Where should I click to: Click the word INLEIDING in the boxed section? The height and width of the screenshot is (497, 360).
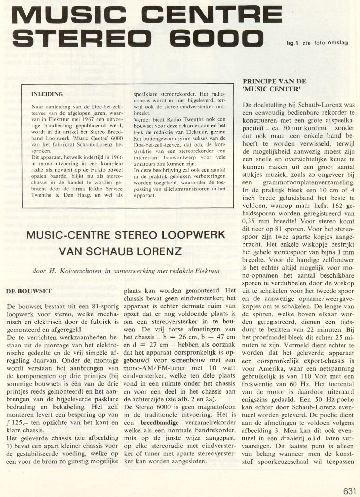tap(47, 94)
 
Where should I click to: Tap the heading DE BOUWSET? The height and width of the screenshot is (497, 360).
tap(29, 291)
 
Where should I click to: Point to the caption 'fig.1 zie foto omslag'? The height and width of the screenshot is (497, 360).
tap(317, 43)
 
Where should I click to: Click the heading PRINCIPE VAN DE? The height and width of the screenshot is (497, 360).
tap(275, 81)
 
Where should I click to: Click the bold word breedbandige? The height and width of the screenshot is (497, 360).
tap(160, 423)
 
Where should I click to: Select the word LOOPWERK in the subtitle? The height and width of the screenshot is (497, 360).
tap(195, 234)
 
